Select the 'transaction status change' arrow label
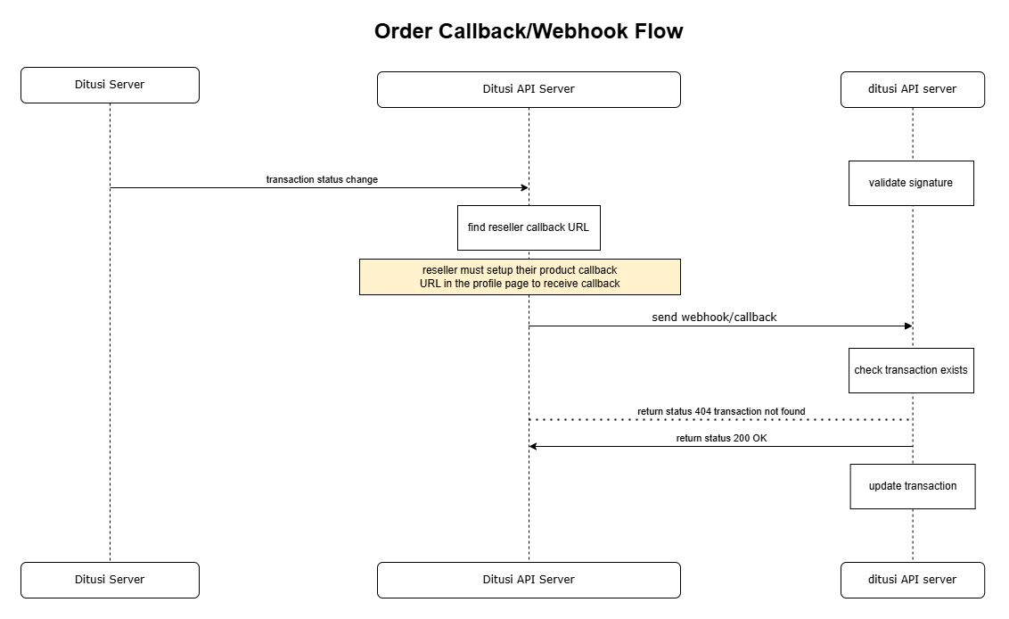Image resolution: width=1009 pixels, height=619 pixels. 322,179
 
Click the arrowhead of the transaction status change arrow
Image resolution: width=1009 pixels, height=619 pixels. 525,187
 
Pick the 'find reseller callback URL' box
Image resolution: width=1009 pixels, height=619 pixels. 529,227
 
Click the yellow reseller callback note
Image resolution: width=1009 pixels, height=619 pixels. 520,276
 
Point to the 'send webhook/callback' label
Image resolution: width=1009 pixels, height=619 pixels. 714,317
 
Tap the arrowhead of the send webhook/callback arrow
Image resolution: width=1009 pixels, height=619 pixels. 907,326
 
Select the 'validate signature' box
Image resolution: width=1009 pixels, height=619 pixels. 911,183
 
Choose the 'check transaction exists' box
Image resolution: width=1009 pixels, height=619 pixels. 911,370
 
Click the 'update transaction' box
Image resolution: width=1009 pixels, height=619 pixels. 913,486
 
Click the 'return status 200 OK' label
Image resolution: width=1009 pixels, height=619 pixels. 721,438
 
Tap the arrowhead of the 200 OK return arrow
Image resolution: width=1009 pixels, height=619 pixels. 534,446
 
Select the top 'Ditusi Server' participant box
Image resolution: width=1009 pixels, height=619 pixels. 110,85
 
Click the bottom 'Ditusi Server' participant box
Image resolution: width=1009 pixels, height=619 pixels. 110,580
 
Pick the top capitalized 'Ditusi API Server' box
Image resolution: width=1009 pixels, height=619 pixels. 529,89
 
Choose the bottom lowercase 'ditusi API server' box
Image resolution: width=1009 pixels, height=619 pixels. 912,580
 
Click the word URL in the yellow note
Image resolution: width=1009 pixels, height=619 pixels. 431,284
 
